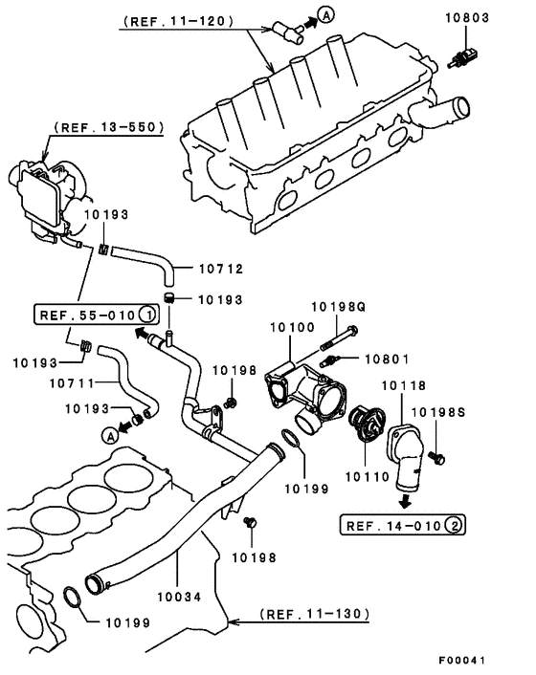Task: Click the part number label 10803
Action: coord(467,17)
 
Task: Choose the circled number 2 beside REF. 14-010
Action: coord(456,525)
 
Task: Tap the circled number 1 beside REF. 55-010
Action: coord(145,315)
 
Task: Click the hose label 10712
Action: coord(221,269)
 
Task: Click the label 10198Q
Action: coord(339,307)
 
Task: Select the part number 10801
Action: coord(388,359)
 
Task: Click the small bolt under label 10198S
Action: coord(436,457)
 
